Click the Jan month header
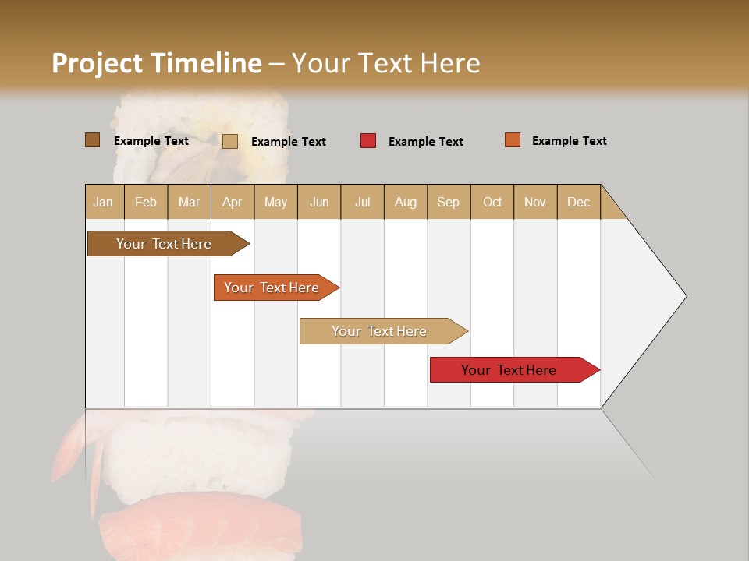pos(103,202)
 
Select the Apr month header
pos(232,202)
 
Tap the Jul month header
pos(362,202)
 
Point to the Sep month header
pos(448,202)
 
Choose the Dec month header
pos(578,202)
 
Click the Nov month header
pos(534,202)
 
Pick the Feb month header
pos(146,202)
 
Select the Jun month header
pos(319,202)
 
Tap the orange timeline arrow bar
pos(273,288)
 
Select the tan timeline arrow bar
pos(381,331)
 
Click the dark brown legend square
pos(92,140)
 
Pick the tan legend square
pos(229,141)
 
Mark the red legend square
pos(367,141)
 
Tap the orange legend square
pos(512,140)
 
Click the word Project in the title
pos(98,63)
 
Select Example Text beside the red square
pos(425,142)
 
